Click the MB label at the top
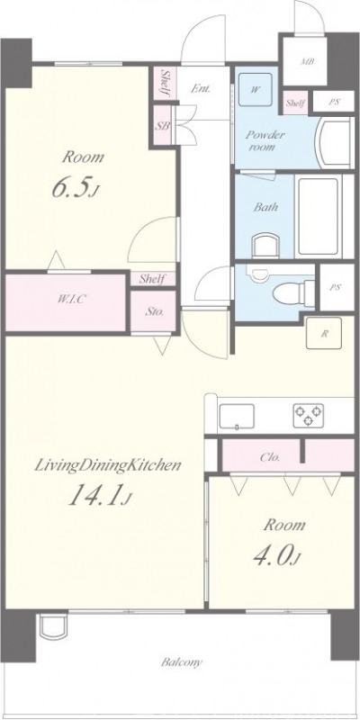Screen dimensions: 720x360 pyautogui.click(x=307, y=61)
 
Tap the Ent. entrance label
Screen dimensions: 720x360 pyautogui.click(x=202, y=88)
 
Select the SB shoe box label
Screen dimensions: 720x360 pyautogui.click(x=164, y=125)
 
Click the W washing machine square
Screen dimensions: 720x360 pyautogui.click(x=256, y=90)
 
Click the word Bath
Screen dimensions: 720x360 pyautogui.click(x=265, y=206)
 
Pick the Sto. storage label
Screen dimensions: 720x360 pyautogui.click(x=155, y=312)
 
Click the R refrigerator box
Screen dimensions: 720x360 pyautogui.click(x=321, y=332)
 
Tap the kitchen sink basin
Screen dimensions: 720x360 pyautogui.click(x=238, y=416)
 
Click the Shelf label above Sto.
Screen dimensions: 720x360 pyautogui.click(x=151, y=279)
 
